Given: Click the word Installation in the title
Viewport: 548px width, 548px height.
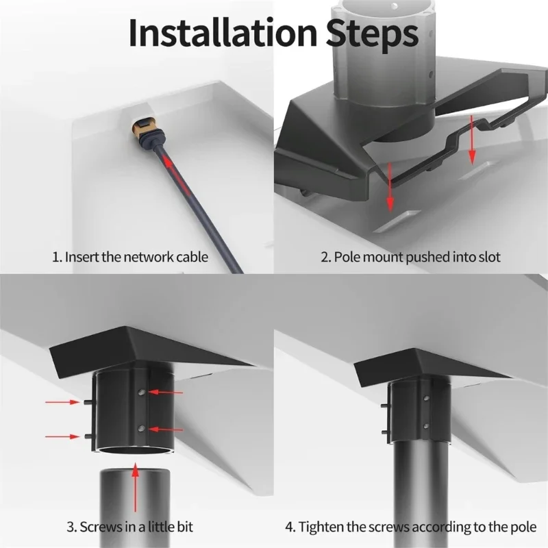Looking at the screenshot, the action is tap(223, 32).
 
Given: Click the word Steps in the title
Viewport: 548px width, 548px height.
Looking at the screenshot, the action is tap(372, 34).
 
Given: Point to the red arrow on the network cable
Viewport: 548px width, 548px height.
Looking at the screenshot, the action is tap(177, 177).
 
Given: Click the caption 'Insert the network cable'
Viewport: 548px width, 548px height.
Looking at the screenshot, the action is tap(130, 257).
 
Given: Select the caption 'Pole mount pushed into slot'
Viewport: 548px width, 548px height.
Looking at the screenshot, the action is tap(410, 257).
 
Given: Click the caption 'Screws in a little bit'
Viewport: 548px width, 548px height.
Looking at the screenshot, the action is tap(129, 527).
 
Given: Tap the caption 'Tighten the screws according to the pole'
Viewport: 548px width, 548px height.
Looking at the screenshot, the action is tap(410, 527).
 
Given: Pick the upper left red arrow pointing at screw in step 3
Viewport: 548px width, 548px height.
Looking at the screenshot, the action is tap(62, 402).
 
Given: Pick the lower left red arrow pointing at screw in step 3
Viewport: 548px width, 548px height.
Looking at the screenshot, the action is tap(62, 436).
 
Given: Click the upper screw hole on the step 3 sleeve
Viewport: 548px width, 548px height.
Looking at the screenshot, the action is tap(141, 392).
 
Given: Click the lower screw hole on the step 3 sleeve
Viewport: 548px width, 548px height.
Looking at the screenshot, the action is tap(141, 428).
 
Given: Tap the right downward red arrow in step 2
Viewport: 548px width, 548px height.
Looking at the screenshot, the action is tap(472, 140).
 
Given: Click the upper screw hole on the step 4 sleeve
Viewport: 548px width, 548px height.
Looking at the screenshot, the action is tap(426, 398).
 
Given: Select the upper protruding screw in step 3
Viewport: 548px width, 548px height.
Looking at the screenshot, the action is tap(88, 402).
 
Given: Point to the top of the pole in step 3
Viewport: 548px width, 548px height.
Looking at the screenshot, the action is tap(135, 473).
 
